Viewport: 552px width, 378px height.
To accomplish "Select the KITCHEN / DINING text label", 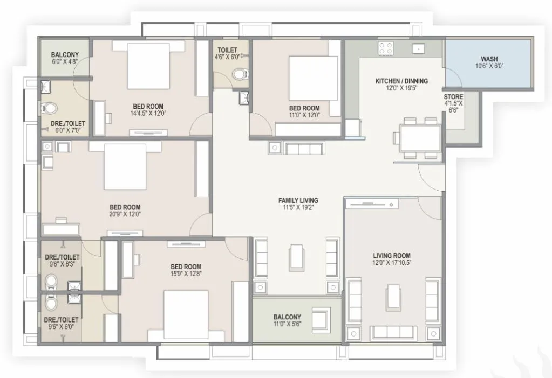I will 401,81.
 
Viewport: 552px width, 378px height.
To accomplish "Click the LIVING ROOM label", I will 392,256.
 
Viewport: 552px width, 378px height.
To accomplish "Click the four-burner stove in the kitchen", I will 385,49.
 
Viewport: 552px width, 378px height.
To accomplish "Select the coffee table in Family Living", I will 296,257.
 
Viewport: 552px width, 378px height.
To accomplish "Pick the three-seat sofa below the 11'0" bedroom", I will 303,149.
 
